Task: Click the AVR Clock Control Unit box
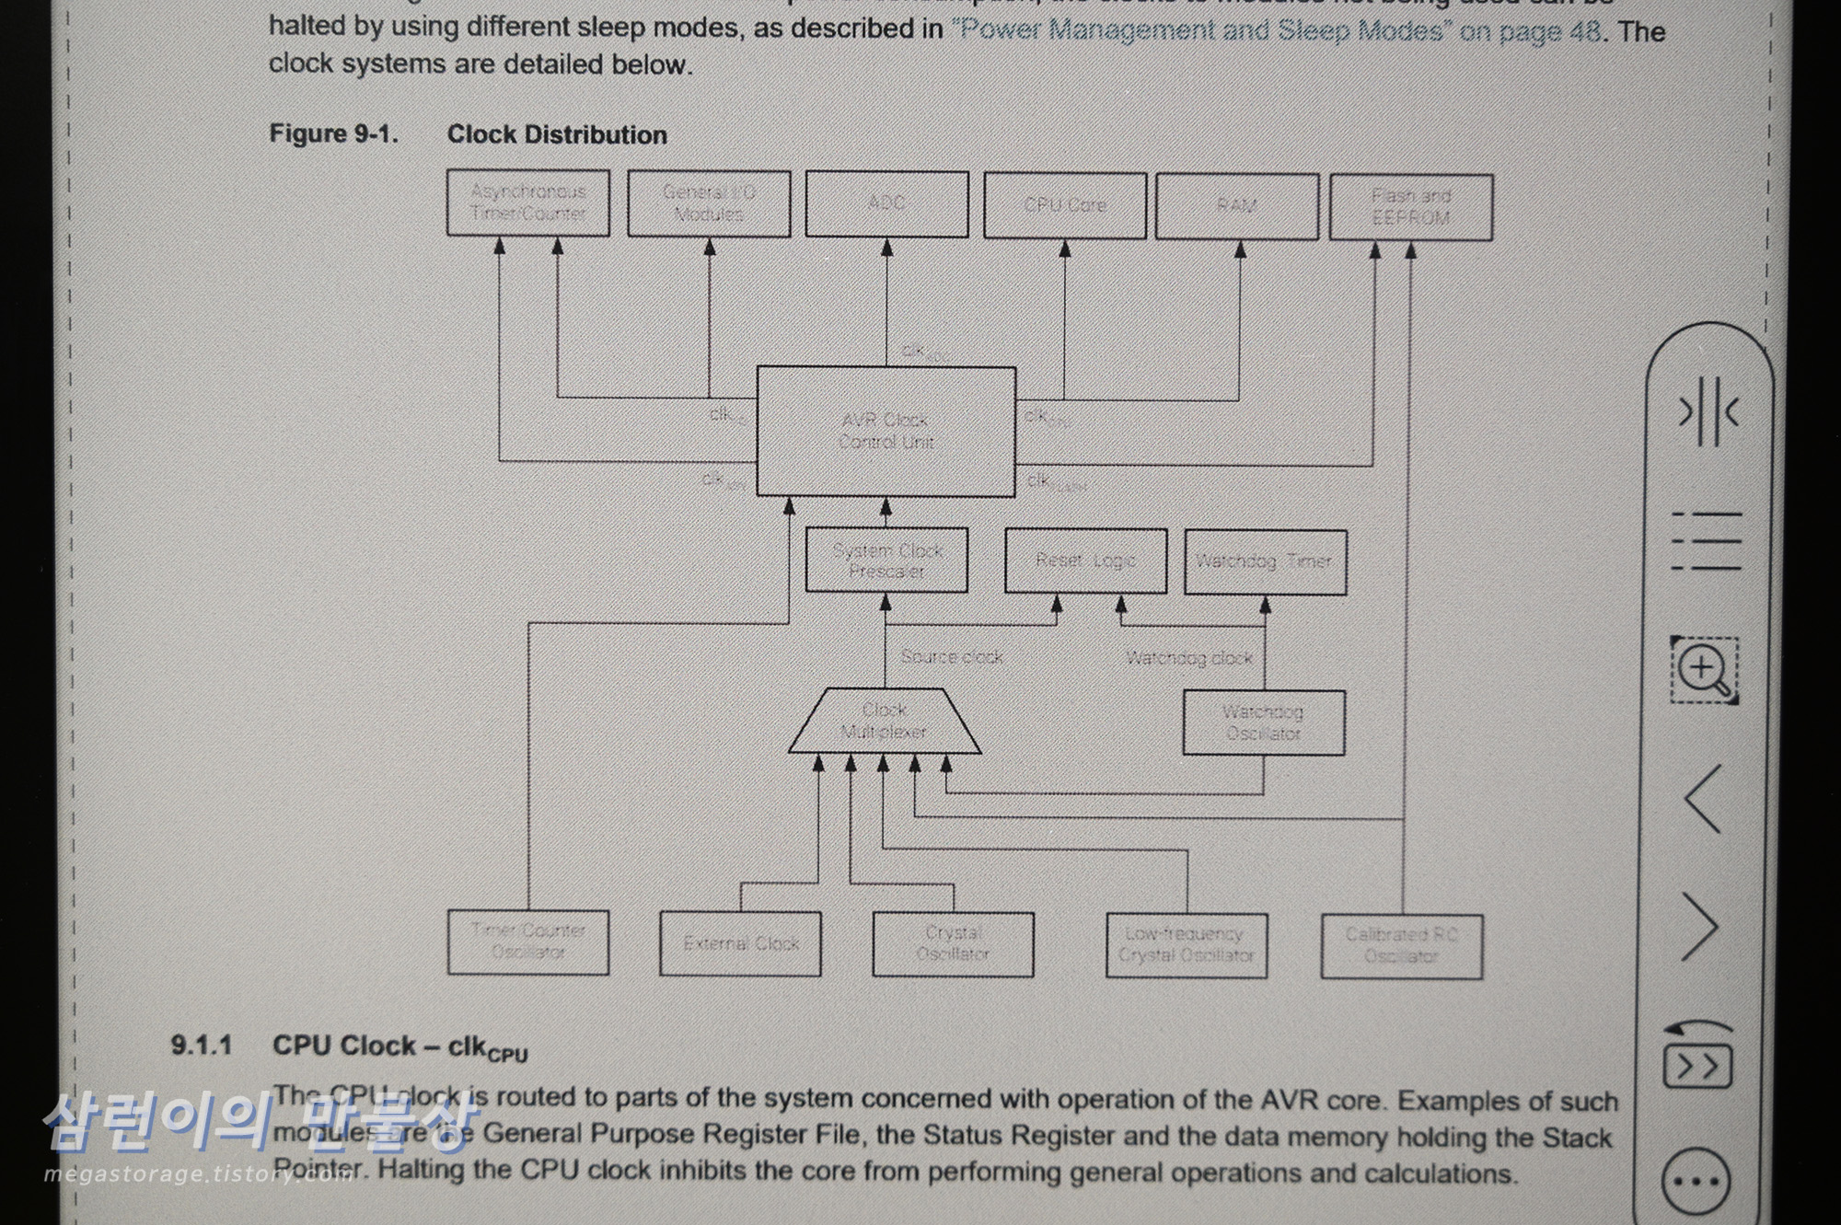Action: (x=886, y=431)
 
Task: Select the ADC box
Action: (x=886, y=203)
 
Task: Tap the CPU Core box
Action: (x=1064, y=205)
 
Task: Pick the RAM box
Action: (x=1236, y=206)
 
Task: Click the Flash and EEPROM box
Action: (x=1410, y=208)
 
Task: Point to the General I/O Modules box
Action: (x=709, y=203)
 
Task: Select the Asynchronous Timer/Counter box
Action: (x=527, y=202)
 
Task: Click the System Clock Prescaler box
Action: (x=886, y=560)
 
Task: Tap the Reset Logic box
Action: (x=1085, y=560)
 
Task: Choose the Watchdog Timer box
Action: (x=1264, y=561)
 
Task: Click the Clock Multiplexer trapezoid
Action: (x=884, y=721)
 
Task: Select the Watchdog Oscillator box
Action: (x=1263, y=723)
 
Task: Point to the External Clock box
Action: (x=740, y=943)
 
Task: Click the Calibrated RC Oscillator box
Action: (x=1401, y=946)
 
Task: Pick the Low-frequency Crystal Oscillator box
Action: (x=1186, y=945)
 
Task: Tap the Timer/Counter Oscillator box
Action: (x=527, y=942)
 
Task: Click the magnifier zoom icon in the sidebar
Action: (x=1704, y=669)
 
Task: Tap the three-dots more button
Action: (x=1696, y=1182)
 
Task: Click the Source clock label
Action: (x=952, y=657)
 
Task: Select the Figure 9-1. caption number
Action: (x=333, y=134)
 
